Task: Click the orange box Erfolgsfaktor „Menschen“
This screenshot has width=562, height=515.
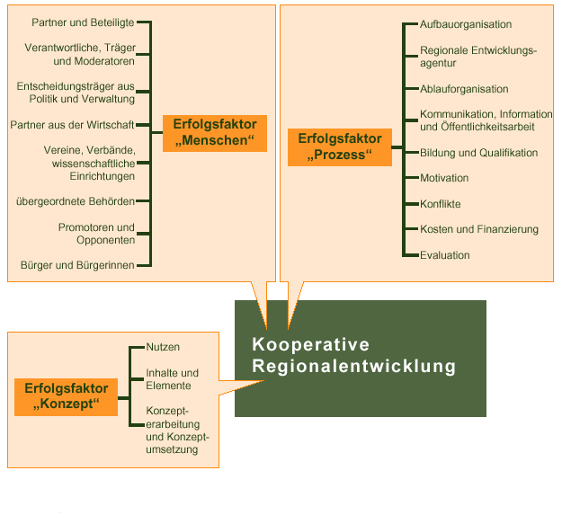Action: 215,133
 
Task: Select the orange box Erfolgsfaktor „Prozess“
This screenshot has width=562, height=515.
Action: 340,147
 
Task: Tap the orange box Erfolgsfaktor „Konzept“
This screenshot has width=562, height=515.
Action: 66,397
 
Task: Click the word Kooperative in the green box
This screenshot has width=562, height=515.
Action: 310,344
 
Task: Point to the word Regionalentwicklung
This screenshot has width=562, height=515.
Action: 353,367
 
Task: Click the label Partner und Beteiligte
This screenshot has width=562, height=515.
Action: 83,22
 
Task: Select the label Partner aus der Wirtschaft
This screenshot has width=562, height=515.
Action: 72,125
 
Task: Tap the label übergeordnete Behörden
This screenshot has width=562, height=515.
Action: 76,201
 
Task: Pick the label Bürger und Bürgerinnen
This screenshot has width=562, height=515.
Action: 77,265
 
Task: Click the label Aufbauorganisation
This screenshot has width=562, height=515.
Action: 466,24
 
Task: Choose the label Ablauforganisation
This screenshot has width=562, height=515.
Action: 464,89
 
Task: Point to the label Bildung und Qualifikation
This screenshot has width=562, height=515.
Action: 479,153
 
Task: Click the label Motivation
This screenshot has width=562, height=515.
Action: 444,178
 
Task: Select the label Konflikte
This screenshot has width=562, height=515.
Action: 440,204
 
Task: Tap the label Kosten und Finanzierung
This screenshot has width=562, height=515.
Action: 479,229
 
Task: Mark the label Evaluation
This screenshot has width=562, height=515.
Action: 445,255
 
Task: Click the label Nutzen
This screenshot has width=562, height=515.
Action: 163,347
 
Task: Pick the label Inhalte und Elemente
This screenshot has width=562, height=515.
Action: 172,379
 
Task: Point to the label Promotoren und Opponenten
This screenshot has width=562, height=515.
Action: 97,234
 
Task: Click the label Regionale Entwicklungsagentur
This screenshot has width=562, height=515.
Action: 478,57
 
